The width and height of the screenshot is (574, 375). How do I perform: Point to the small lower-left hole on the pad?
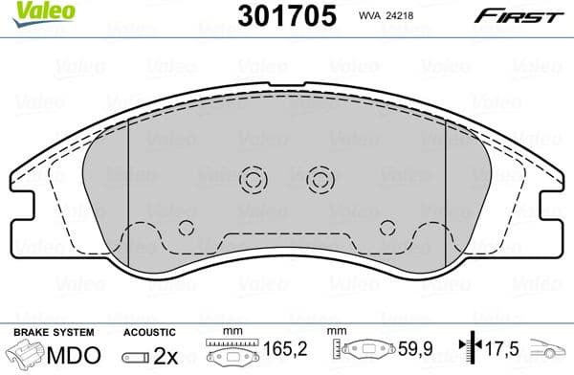(186, 228)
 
